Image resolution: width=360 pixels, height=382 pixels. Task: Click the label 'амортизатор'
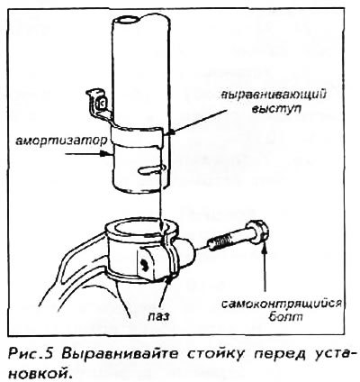[61, 141]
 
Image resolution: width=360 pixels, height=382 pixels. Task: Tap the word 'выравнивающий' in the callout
[274, 95]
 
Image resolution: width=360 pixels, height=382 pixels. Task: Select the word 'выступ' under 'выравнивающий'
[276, 109]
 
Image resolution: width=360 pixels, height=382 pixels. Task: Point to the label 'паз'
[158, 316]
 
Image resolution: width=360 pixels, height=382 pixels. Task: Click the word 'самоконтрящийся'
[282, 304]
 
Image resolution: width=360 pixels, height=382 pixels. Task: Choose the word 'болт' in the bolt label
[285, 316]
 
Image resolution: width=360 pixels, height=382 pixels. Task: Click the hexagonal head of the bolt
[258, 232]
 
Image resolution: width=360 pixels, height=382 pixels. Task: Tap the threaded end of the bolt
[217, 242]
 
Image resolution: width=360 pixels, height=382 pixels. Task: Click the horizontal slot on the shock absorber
[151, 169]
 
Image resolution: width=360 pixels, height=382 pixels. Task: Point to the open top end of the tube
[128, 21]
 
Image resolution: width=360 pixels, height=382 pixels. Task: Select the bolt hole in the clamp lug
[144, 264]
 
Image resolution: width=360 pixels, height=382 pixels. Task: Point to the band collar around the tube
[137, 135]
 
